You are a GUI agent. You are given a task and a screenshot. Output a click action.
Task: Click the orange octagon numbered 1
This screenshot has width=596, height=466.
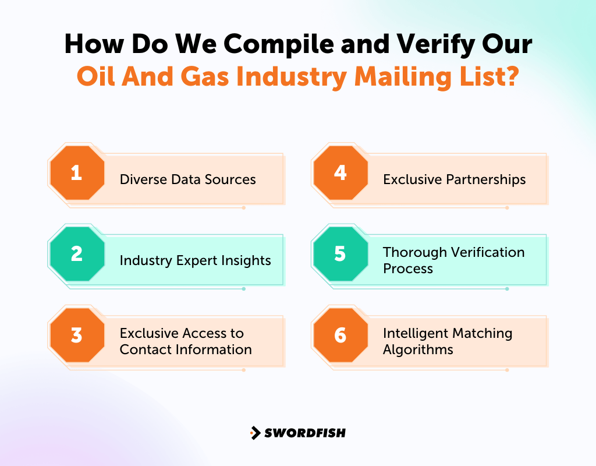tap(77, 173)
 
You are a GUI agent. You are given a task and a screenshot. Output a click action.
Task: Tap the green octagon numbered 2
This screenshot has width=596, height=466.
tap(77, 254)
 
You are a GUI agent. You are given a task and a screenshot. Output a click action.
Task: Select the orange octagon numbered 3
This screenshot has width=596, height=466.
tap(77, 336)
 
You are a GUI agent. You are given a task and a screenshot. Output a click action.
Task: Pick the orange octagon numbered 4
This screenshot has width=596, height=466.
tap(340, 173)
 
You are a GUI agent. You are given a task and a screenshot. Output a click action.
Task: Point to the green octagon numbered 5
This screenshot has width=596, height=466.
tap(340, 254)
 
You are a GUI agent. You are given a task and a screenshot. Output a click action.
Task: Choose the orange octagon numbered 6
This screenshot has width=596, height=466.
tap(340, 336)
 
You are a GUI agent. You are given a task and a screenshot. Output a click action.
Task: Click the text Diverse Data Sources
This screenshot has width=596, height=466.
tap(187, 179)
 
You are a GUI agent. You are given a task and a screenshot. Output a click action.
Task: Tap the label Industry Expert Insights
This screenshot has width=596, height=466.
tap(195, 260)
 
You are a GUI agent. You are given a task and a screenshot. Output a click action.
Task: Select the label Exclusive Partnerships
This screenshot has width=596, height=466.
tap(454, 179)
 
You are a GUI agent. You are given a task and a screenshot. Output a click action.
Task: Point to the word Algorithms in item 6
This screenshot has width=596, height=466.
tap(418, 349)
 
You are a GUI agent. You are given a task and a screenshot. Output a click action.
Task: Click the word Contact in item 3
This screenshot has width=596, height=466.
tap(144, 349)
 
